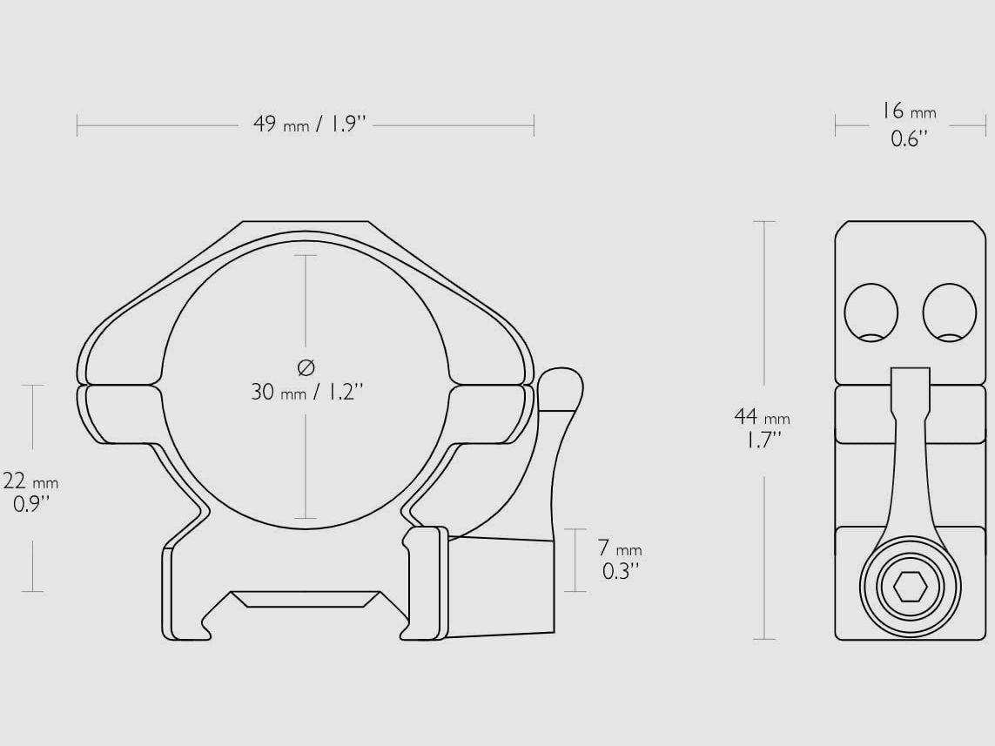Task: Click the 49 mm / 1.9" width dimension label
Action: [x=310, y=124]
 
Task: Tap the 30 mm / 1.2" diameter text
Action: [x=307, y=392]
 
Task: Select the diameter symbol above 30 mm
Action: [x=306, y=366]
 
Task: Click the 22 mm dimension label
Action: [x=30, y=481]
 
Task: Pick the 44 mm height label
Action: [x=762, y=417]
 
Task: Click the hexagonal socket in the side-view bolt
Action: [x=910, y=586]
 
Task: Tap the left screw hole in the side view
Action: [x=871, y=313]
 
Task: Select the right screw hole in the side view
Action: [x=950, y=313]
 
